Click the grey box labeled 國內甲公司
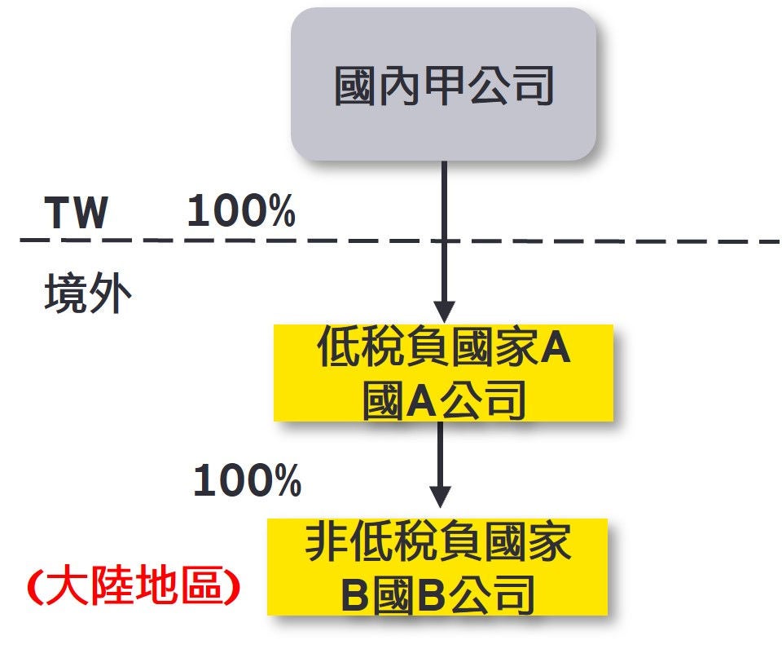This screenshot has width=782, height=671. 444,85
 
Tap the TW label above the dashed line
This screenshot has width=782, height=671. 76,214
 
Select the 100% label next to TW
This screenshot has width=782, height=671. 241,212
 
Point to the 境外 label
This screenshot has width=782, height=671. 87,294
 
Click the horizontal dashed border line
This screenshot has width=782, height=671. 570,241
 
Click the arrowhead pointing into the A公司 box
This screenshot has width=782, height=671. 444,311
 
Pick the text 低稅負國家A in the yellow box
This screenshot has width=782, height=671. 444,351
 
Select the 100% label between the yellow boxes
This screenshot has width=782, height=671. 247,481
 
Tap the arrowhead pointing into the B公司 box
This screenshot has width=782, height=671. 440,497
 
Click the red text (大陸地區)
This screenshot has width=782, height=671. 133,587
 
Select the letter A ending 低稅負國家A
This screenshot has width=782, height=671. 556,351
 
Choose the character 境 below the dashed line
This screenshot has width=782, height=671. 65,294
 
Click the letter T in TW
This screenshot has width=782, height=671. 59,214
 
